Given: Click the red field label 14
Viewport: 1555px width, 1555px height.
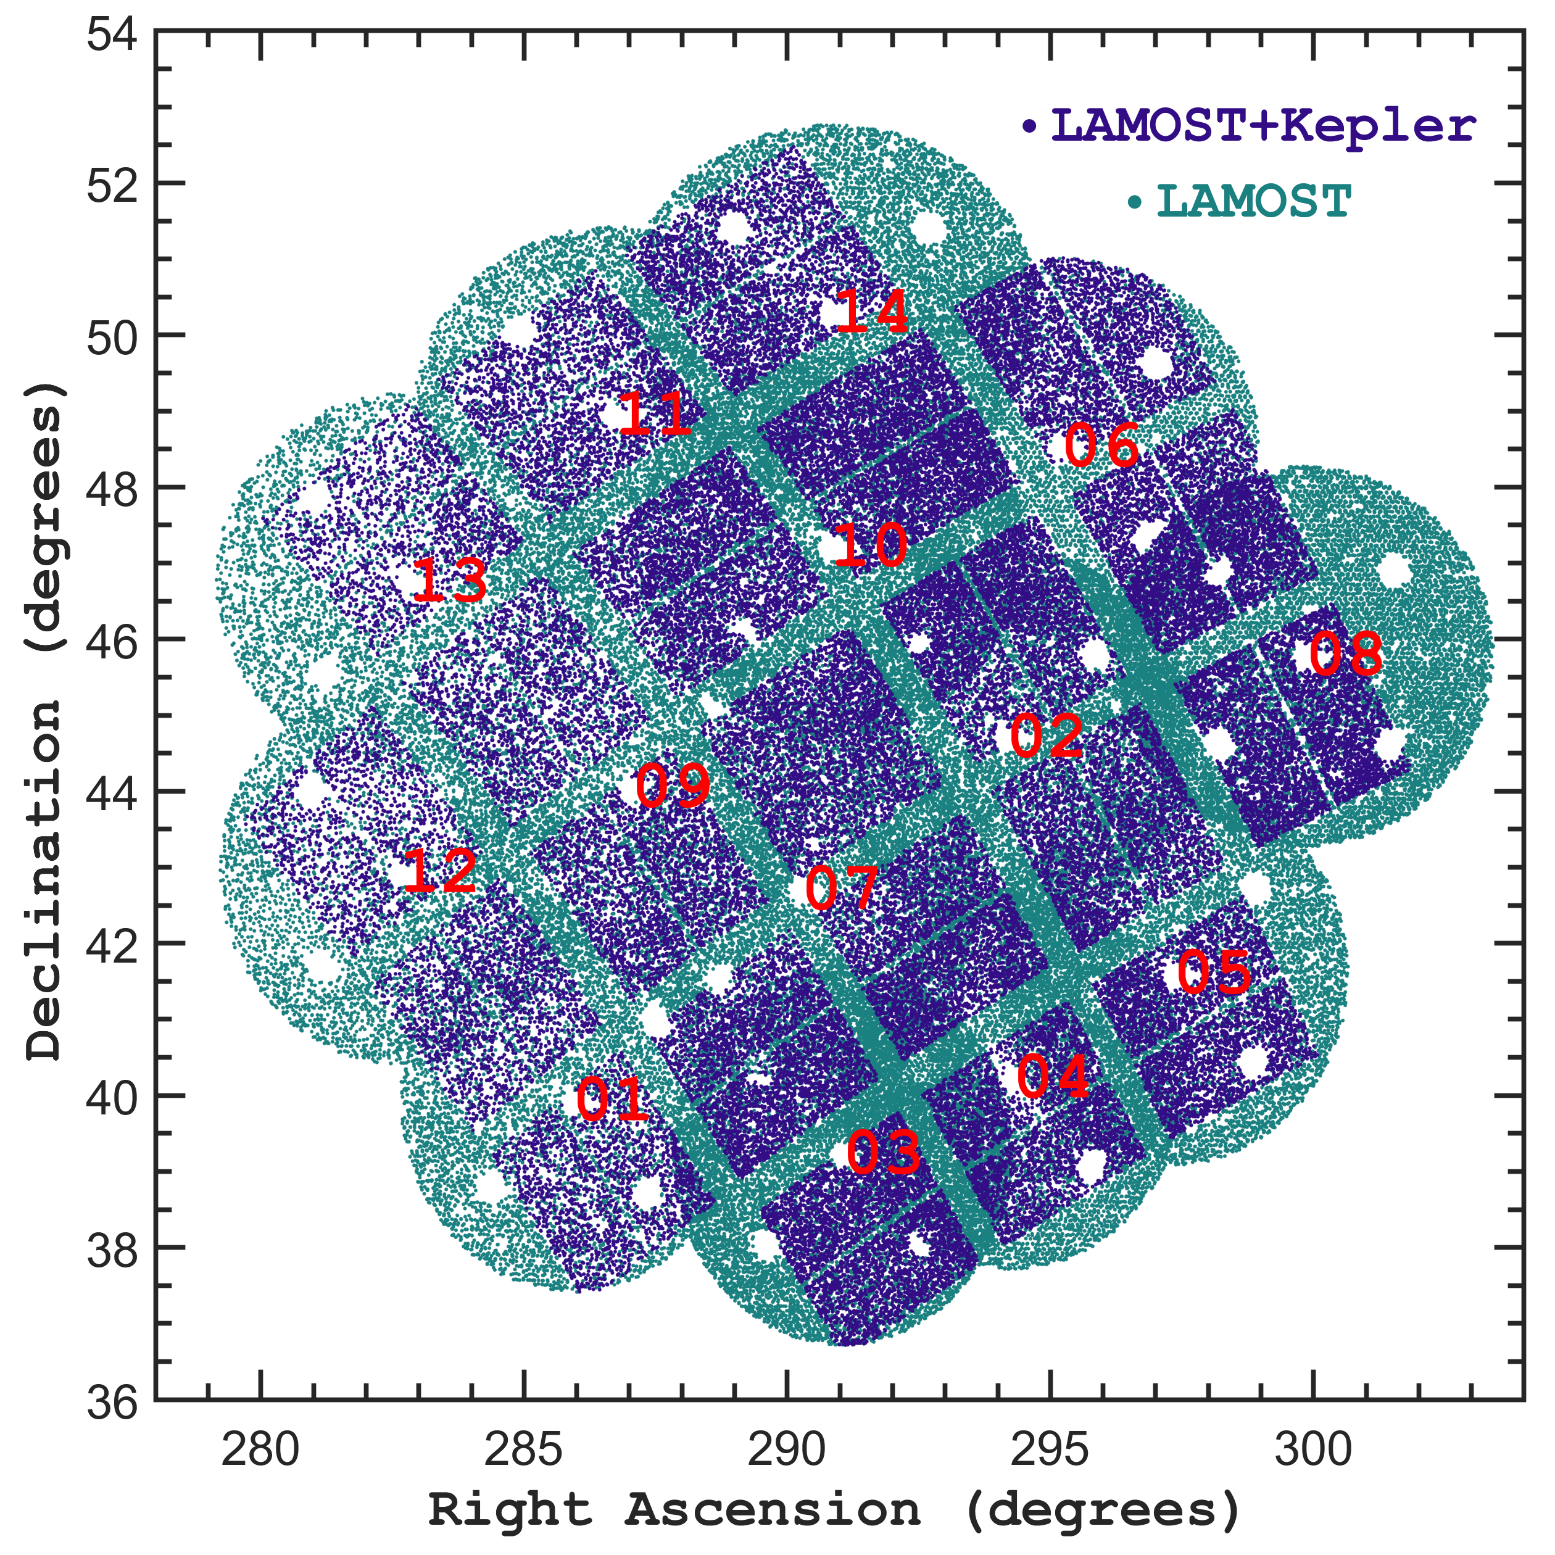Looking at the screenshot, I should coord(873,312).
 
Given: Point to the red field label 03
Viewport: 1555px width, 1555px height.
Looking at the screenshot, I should coord(883,1152).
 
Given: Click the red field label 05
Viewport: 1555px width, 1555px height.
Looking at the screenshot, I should coord(1214,972).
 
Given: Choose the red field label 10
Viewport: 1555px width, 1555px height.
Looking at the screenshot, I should coord(871,545).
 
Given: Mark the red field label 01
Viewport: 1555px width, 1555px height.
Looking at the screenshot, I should coord(612,1100).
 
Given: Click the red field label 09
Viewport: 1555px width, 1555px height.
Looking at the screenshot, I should coord(673,786).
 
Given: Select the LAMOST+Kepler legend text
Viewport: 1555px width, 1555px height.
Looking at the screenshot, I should coord(1264,126).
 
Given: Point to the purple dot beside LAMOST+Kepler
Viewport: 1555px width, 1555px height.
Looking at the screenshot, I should coord(1029,126).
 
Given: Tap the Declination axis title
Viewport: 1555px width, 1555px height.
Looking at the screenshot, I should coord(44,720).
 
